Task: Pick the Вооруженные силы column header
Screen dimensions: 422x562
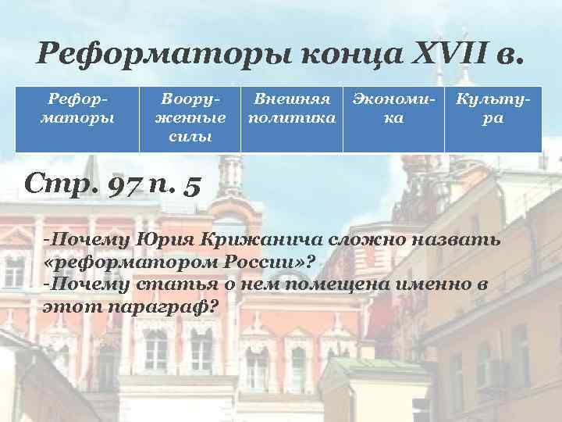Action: click(x=192, y=118)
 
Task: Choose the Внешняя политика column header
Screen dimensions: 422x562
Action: click(x=292, y=110)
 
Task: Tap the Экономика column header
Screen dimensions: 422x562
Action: click(x=396, y=110)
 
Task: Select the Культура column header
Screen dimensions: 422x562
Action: click(x=493, y=110)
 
